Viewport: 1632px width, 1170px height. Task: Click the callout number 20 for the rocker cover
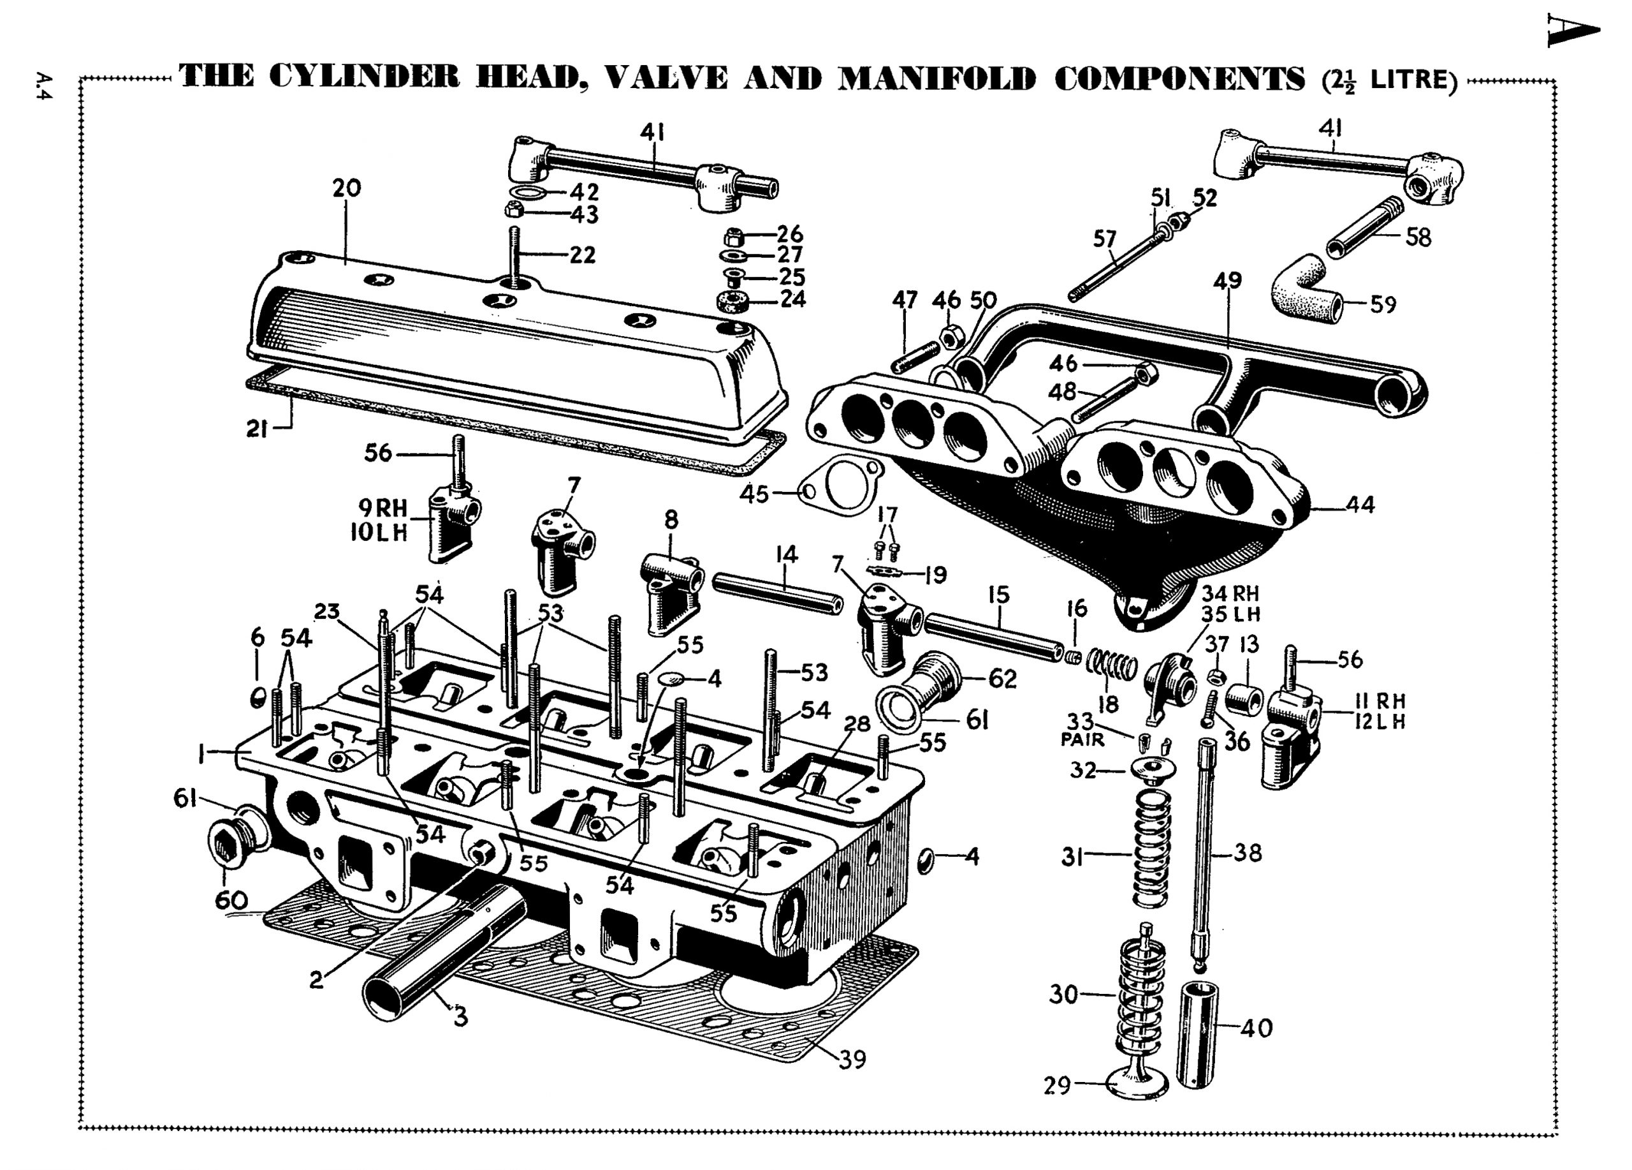(346, 189)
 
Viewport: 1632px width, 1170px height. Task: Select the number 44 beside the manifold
(1359, 505)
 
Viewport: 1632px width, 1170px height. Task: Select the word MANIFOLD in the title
(936, 78)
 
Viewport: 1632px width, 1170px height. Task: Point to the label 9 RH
(382, 508)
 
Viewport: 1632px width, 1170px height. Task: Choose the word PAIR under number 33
(1082, 739)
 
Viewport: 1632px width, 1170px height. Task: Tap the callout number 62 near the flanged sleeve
(1002, 678)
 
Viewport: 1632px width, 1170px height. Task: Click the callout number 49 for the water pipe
(1228, 280)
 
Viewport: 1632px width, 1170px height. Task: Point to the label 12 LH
(1380, 722)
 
